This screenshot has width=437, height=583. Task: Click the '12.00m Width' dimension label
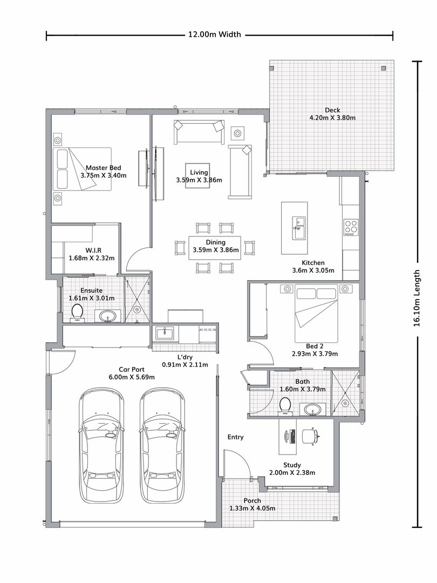point(214,35)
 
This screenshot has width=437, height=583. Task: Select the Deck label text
point(332,110)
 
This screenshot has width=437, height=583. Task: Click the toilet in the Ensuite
point(77,312)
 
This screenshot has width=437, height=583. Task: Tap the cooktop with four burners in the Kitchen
point(351,227)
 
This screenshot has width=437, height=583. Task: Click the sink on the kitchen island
point(298,227)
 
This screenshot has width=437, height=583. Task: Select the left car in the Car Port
point(102,445)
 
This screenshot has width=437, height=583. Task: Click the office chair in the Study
point(309,435)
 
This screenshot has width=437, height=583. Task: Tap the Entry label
point(235,437)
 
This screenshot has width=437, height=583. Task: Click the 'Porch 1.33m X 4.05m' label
point(252,505)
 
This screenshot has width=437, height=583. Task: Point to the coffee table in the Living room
point(197,168)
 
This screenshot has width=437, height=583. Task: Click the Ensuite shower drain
point(137,310)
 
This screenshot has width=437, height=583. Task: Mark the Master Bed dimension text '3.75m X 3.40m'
point(104,175)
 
